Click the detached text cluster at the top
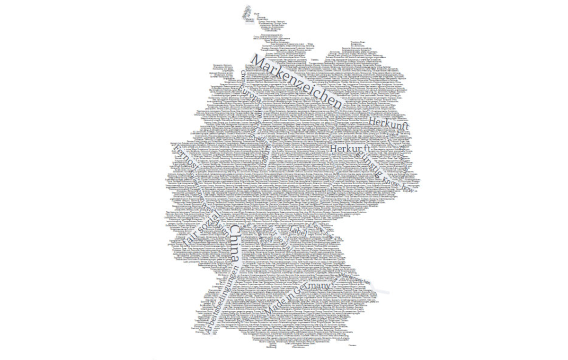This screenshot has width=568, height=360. [249, 14]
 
